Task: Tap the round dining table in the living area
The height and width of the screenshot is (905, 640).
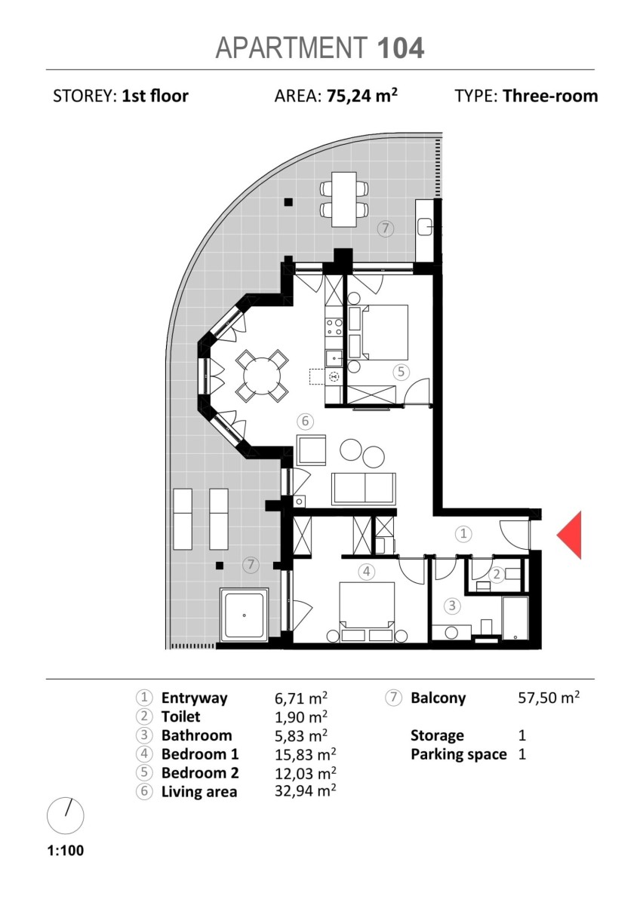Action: [262, 376]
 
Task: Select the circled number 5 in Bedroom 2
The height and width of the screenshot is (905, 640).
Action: [401, 371]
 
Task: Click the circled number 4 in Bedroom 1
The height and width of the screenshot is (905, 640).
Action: [366, 572]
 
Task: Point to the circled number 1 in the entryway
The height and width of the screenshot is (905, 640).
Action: [463, 533]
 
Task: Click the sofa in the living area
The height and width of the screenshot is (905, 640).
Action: [364, 489]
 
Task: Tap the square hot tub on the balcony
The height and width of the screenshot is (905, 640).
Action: [245, 615]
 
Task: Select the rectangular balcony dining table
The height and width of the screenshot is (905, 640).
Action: [344, 199]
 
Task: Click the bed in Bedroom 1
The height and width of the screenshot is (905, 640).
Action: [367, 612]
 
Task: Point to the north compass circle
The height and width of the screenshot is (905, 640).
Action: [66, 815]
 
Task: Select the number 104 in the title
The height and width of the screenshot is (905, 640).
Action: [401, 48]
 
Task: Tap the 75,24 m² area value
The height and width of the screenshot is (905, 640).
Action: [362, 96]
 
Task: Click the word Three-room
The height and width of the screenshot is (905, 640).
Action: [550, 97]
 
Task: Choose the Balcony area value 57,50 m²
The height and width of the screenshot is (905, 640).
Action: [549, 698]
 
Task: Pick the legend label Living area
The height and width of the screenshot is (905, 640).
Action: [199, 791]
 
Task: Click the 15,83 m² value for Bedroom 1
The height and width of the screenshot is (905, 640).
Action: [305, 754]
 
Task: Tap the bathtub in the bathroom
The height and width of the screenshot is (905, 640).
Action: [515, 618]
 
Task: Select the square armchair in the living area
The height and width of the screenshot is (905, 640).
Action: [311, 449]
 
